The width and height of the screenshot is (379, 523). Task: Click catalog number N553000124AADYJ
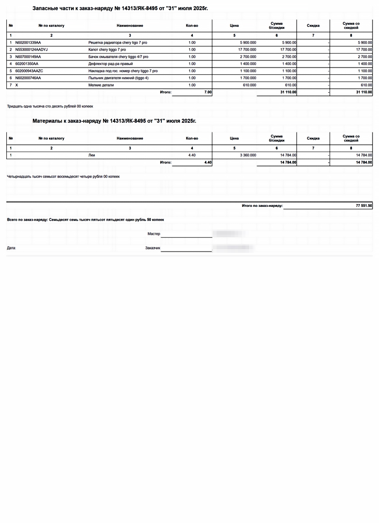click(x=31, y=50)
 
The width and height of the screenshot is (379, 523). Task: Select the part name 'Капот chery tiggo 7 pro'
click(x=107, y=50)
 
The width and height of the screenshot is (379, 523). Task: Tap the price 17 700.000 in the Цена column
click(x=247, y=50)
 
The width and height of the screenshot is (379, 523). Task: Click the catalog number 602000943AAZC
click(x=29, y=71)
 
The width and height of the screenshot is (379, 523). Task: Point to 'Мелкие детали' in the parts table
click(x=101, y=85)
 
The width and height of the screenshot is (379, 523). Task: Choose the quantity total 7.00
click(x=208, y=92)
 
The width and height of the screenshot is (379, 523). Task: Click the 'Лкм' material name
click(x=92, y=155)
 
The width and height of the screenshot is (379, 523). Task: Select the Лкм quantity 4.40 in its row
click(x=192, y=155)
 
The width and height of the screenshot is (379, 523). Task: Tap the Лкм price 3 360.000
click(x=248, y=155)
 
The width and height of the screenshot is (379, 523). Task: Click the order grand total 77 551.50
click(x=364, y=206)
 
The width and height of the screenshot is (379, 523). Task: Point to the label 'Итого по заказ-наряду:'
click(x=262, y=206)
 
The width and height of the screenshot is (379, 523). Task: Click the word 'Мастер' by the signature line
click(x=154, y=234)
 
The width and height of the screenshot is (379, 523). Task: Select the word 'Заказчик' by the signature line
click(x=153, y=248)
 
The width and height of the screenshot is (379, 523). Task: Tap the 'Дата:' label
click(x=11, y=248)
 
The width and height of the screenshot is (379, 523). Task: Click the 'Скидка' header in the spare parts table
click(x=313, y=26)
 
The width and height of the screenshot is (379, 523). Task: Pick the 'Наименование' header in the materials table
click(x=130, y=138)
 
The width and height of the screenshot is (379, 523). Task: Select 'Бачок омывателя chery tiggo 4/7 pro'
click(x=118, y=57)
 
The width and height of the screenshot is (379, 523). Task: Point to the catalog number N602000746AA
click(x=28, y=78)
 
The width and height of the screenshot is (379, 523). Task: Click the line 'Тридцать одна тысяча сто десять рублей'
click(x=50, y=107)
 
